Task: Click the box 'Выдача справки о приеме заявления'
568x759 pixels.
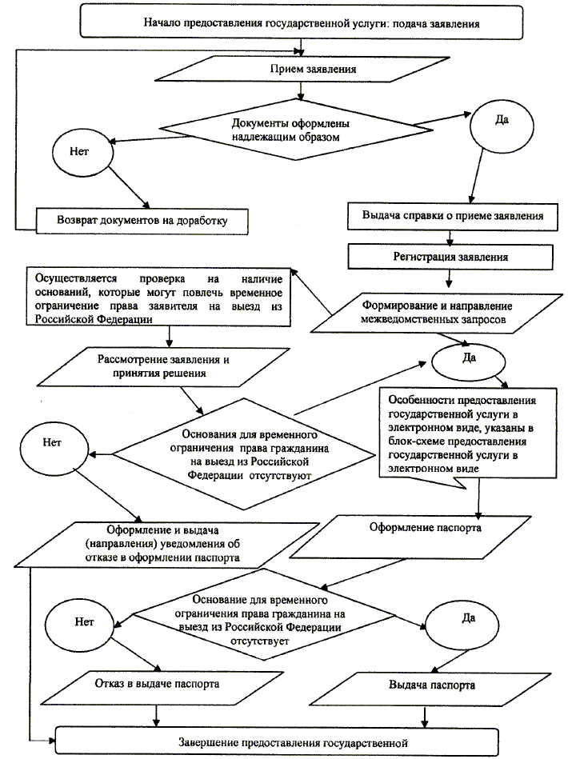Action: (453, 215)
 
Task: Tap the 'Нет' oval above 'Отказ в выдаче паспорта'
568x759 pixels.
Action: (78, 619)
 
